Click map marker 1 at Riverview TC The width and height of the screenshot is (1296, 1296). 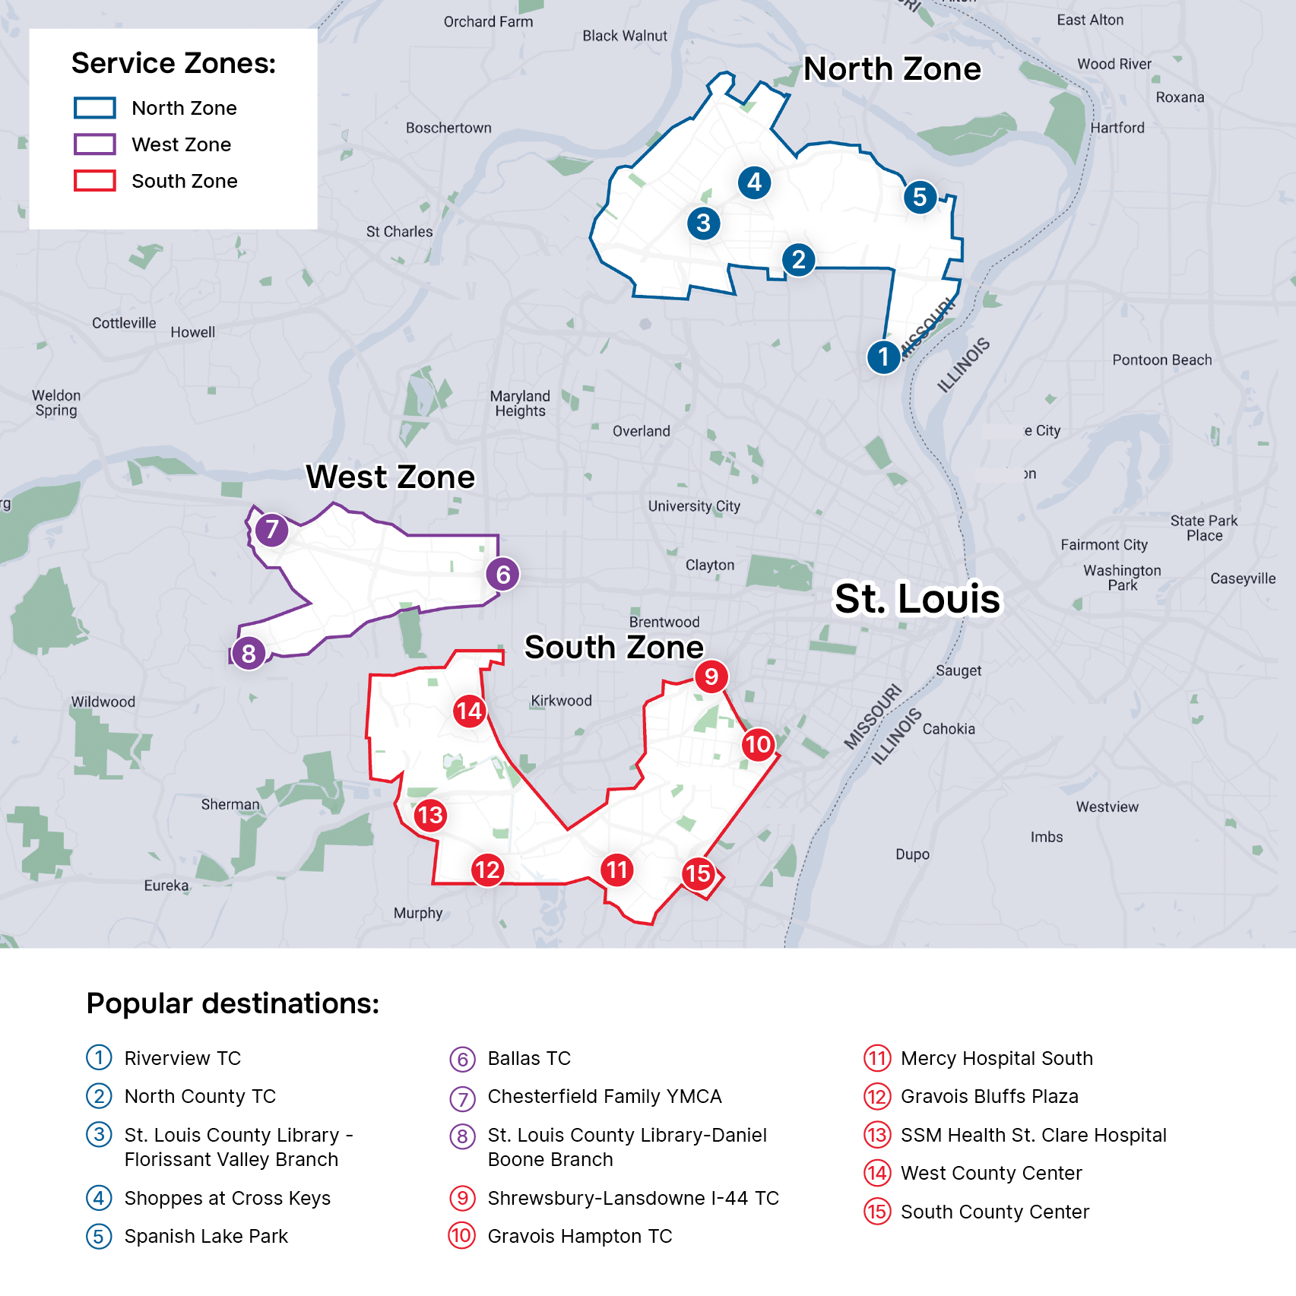pyautogui.click(x=883, y=356)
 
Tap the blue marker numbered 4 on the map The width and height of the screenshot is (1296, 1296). pyautogui.click(x=754, y=182)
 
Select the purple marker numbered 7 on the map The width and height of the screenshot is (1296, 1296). pyautogui.click(x=271, y=530)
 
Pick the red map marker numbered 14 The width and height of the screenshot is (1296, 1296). pyautogui.click(x=469, y=711)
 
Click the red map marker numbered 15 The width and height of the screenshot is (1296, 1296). pyautogui.click(x=698, y=873)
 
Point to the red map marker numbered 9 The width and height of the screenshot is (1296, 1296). pyautogui.click(x=711, y=677)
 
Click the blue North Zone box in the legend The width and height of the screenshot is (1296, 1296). pyautogui.click(x=95, y=108)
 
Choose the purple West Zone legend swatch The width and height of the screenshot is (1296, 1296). pyautogui.click(x=95, y=144)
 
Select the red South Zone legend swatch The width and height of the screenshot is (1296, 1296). pyautogui.click(x=95, y=181)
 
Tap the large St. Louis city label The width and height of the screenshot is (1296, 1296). pyautogui.click(x=917, y=599)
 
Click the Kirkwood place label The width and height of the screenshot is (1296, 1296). pyautogui.click(x=561, y=701)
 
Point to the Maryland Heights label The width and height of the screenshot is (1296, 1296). pyautogui.click(x=520, y=404)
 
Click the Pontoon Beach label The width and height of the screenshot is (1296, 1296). pyautogui.click(x=1161, y=360)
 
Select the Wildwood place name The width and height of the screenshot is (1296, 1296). pyautogui.click(x=103, y=702)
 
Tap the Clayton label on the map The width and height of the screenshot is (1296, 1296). pyautogui.click(x=710, y=566)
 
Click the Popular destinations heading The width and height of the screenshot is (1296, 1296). pyautogui.click(x=233, y=1004)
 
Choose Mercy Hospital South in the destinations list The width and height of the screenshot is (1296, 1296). pyautogui.click(x=997, y=1058)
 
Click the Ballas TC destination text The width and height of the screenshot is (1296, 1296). pyautogui.click(x=529, y=1058)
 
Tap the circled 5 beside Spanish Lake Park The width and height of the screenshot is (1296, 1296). pyautogui.click(x=99, y=1236)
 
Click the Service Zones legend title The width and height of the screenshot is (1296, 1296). pyautogui.click(x=173, y=64)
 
